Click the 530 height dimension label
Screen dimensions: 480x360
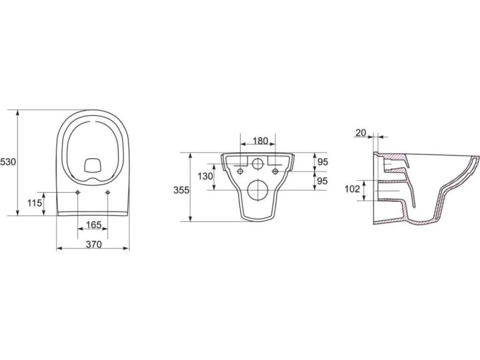(x=7, y=162)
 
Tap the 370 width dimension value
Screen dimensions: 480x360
(x=94, y=244)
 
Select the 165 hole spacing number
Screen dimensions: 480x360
(x=94, y=225)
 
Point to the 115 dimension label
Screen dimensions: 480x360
(x=35, y=203)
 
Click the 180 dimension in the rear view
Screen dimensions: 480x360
(x=260, y=141)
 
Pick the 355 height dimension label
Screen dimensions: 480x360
(x=182, y=190)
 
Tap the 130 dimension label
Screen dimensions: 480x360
(x=205, y=176)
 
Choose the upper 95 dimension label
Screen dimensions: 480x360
(x=322, y=162)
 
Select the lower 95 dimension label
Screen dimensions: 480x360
(x=322, y=181)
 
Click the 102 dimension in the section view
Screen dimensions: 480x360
(x=352, y=189)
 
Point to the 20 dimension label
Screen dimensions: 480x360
(x=361, y=133)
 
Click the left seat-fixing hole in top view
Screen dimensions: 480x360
(x=78, y=192)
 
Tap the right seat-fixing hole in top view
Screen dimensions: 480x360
(x=107, y=192)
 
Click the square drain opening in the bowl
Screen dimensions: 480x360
(x=93, y=166)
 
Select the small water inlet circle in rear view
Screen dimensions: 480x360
(x=258, y=164)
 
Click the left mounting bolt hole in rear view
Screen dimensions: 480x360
(x=240, y=171)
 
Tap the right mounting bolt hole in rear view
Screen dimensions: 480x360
(x=275, y=171)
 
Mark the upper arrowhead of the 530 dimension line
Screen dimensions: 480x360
(x=18, y=113)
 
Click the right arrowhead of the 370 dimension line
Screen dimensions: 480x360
(x=126, y=248)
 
